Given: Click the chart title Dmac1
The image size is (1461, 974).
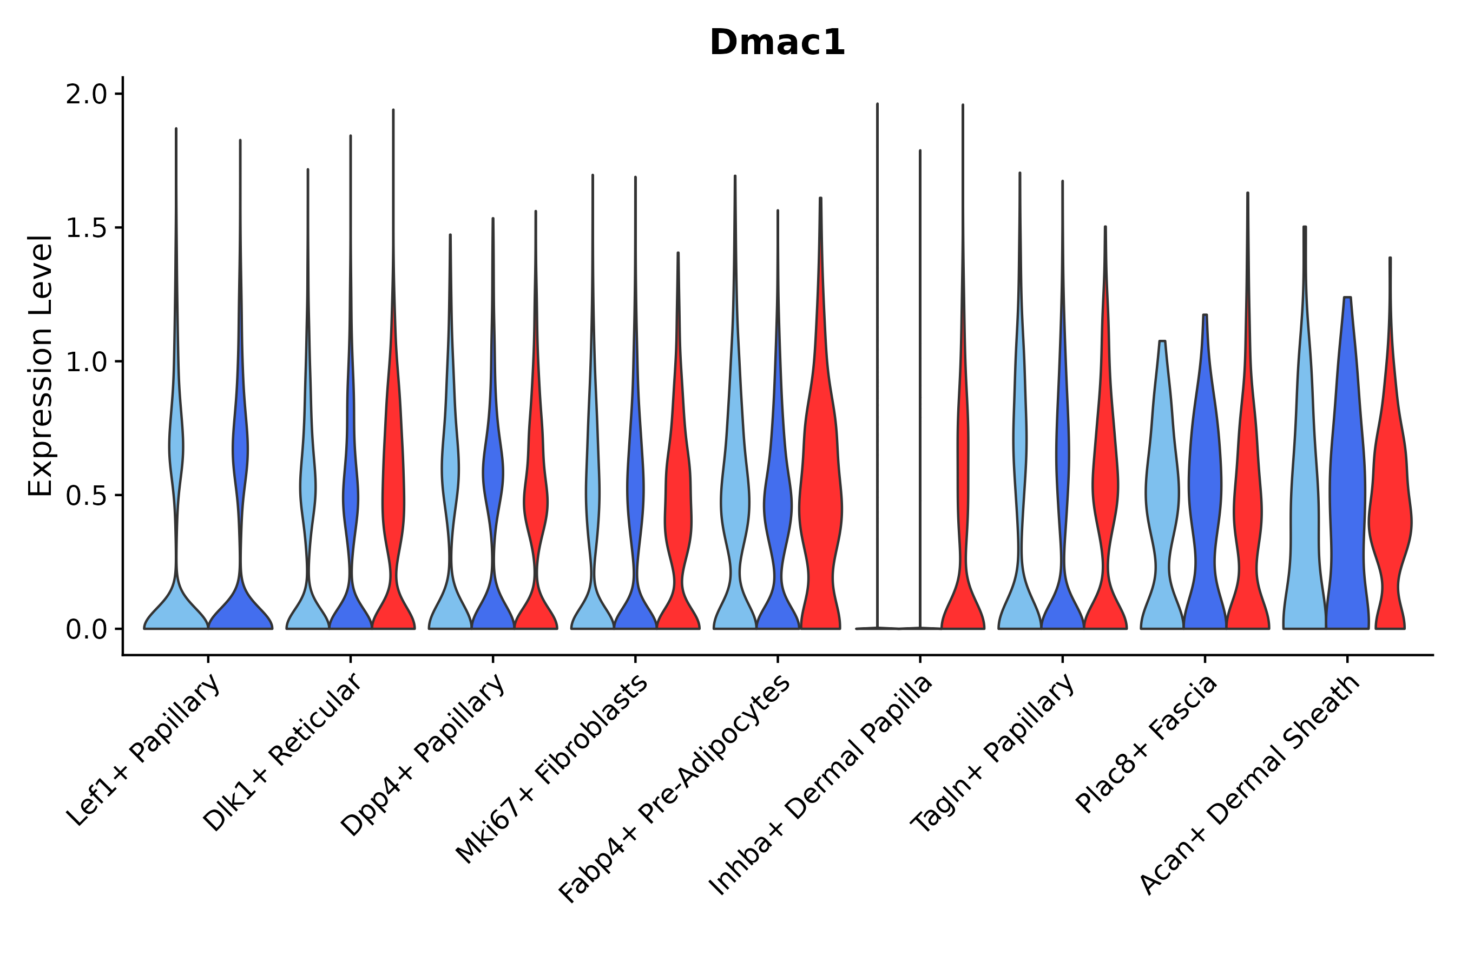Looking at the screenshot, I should click(x=776, y=43).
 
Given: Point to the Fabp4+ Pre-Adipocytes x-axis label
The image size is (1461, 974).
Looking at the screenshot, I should click(x=675, y=788).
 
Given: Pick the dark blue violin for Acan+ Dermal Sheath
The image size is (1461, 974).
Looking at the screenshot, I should click(x=1347, y=497).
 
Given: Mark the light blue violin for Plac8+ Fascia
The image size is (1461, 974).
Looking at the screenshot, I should click(x=1162, y=497).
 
